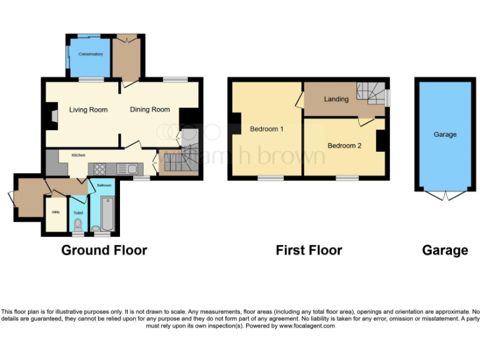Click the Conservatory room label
tap(91, 54)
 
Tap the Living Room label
tap(88, 110)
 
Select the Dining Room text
tap(150, 110)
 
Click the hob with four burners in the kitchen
tap(99, 168)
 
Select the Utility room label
tap(55, 212)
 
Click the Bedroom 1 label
tap(267, 129)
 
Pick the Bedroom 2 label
tap(344, 146)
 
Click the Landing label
tap(336, 99)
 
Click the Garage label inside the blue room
tap(445, 134)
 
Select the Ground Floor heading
tap(104, 251)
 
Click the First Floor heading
tap(309, 251)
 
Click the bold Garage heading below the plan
tap(445, 251)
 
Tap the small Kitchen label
tap(78, 155)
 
